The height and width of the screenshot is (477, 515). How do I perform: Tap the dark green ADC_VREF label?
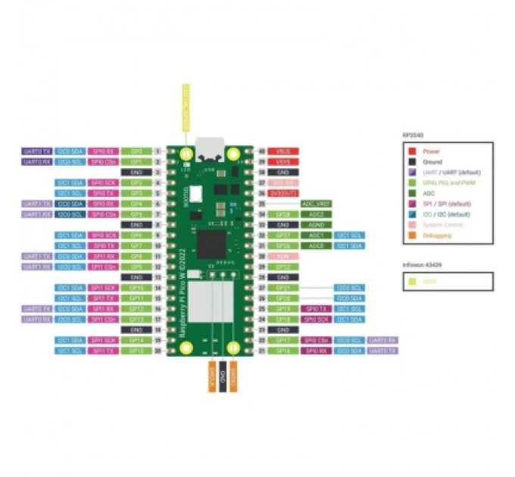317,204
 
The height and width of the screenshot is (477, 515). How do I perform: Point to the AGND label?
317,225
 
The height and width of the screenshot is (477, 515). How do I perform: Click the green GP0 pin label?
136,151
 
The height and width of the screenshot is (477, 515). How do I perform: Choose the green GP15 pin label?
136,351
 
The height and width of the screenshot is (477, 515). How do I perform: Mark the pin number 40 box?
263,151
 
